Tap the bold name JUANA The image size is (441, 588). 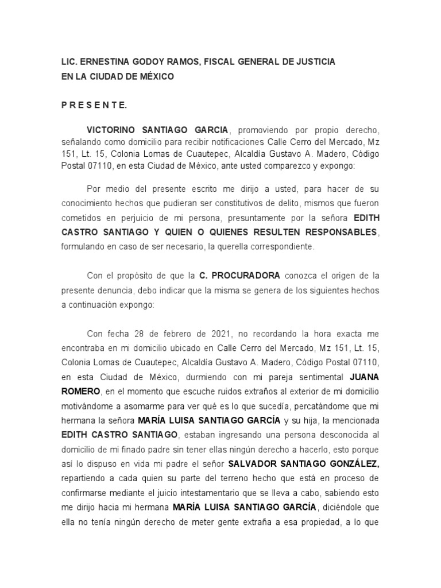364,377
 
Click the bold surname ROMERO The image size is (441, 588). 80,392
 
